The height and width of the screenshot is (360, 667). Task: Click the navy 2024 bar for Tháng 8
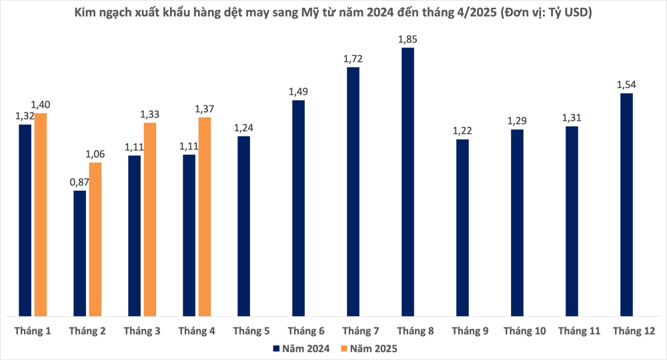pyautogui.click(x=408, y=181)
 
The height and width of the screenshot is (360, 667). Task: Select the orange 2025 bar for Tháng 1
pyautogui.click(x=41, y=214)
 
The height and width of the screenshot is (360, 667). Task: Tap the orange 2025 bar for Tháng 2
pyautogui.click(x=95, y=239)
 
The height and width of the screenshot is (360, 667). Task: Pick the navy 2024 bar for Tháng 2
pyautogui.click(x=79, y=253)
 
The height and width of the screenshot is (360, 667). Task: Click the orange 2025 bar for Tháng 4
pyautogui.click(x=205, y=216)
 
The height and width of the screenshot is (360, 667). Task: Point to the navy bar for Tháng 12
pyautogui.click(x=626, y=204)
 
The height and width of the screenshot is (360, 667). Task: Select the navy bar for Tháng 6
pyautogui.click(x=298, y=207)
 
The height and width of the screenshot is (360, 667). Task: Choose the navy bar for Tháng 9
pyautogui.click(x=462, y=227)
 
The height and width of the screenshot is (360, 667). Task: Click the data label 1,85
pyautogui.click(x=408, y=39)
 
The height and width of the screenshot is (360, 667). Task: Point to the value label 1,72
pyautogui.click(x=353, y=59)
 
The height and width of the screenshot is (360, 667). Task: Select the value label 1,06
pyautogui.click(x=95, y=155)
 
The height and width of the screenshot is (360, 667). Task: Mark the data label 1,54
pyautogui.click(x=626, y=85)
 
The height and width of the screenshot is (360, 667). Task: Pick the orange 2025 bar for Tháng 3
pyautogui.click(x=150, y=219)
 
